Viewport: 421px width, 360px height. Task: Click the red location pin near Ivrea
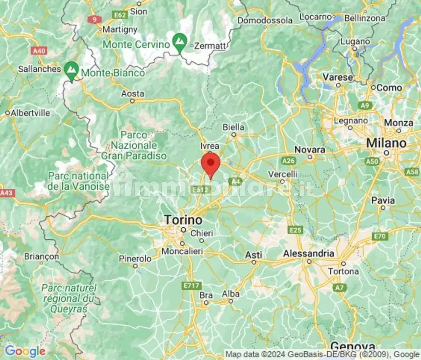point(210,164)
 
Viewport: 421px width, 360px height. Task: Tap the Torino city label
point(183,220)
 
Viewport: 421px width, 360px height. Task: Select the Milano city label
point(386,143)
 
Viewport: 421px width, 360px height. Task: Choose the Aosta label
point(133,94)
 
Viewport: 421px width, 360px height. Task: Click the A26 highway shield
point(288,160)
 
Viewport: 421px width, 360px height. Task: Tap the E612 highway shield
point(201,190)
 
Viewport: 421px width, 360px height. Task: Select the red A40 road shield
point(39,51)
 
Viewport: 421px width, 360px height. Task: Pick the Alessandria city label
point(309,254)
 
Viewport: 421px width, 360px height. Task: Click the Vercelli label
point(283,174)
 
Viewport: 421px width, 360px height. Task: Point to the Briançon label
point(41,256)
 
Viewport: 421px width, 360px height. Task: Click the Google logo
point(25,351)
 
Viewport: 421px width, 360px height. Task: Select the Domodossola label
point(265,21)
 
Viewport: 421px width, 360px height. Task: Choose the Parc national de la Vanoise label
point(79,181)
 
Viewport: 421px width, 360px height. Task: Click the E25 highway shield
point(295,230)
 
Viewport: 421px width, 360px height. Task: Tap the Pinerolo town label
point(135,259)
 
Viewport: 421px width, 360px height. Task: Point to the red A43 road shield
point(7,193)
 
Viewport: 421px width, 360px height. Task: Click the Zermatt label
point(210,46)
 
